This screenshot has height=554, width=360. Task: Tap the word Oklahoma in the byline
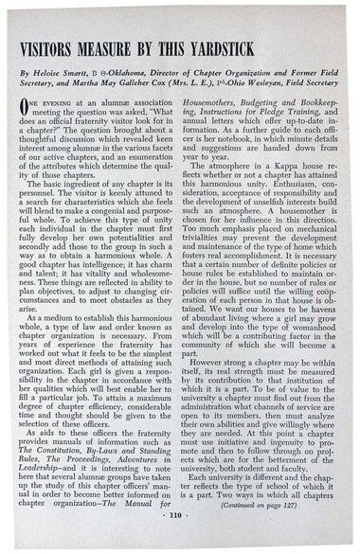tap(152, 70)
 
